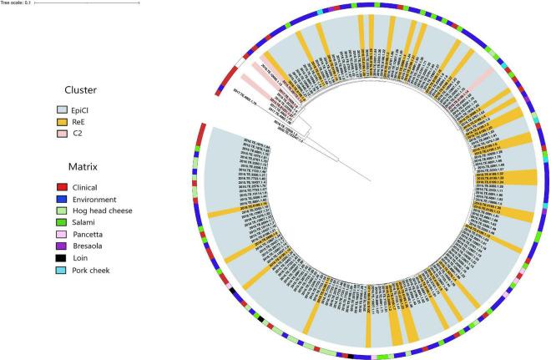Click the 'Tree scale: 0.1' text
[17, 3]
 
